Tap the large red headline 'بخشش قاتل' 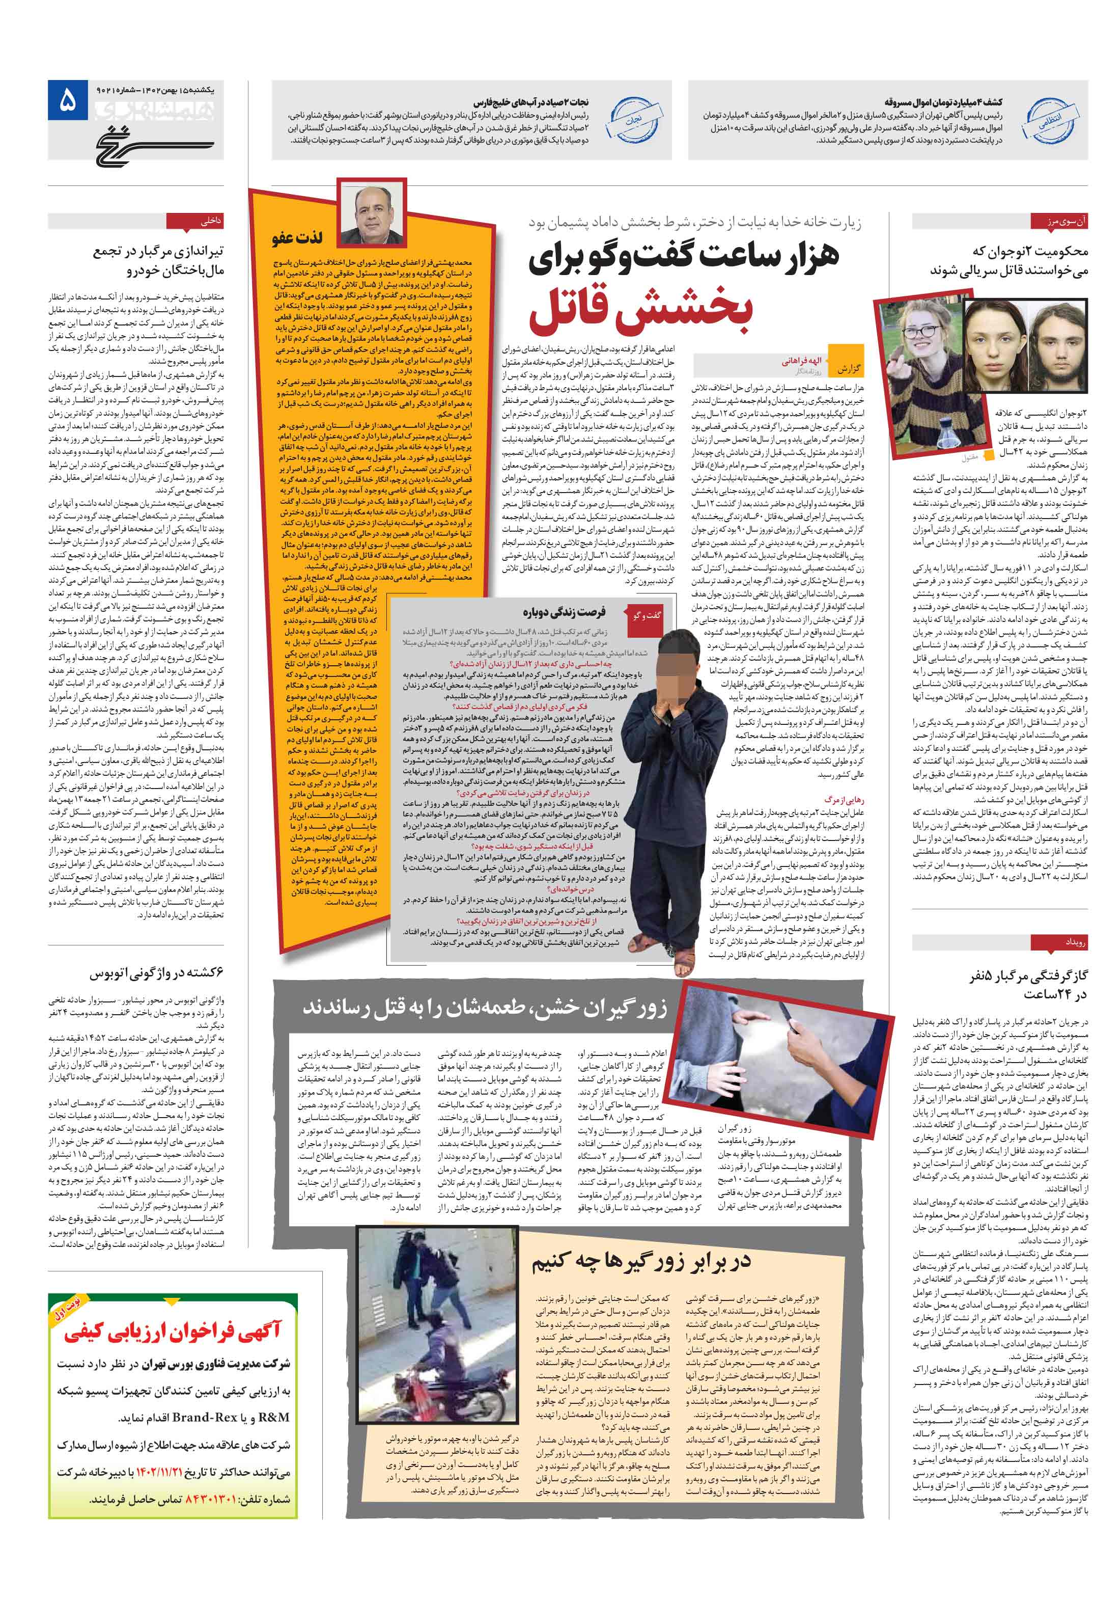click(x=640, y=310)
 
